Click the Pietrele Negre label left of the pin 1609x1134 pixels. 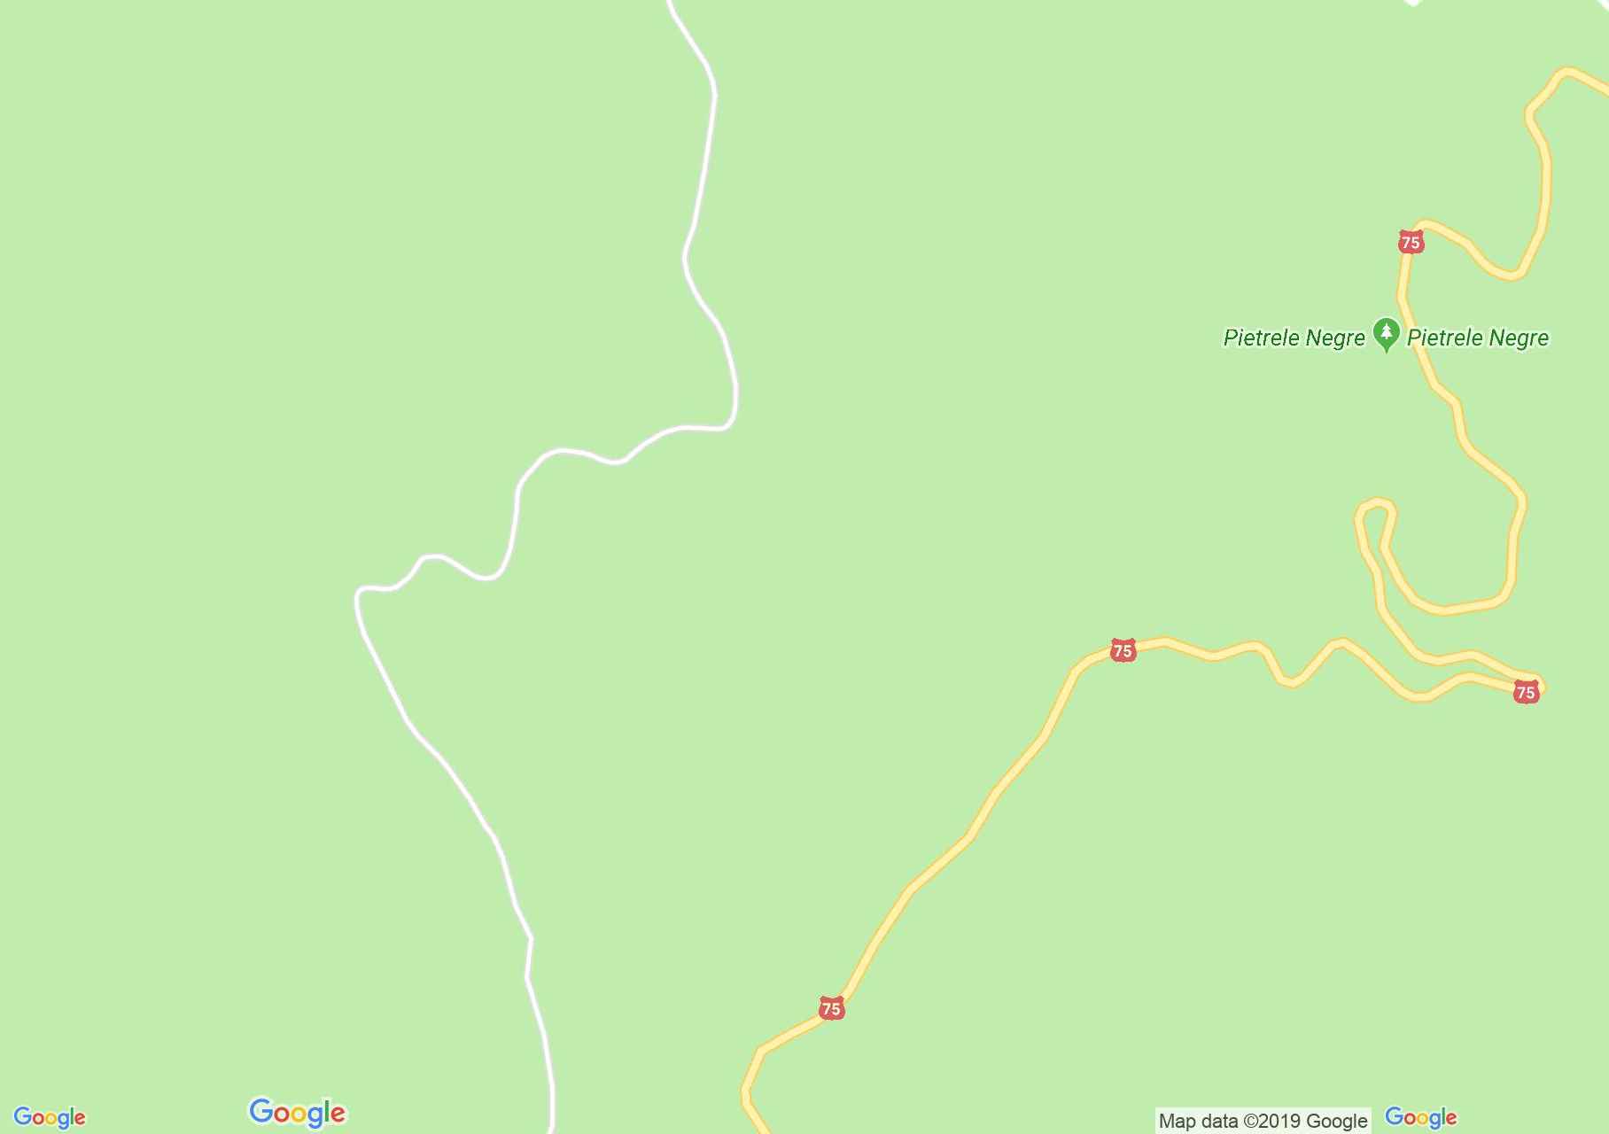1294,338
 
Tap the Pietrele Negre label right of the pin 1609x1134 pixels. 1478,338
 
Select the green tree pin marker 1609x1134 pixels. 1386,334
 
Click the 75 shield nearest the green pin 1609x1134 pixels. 1411,242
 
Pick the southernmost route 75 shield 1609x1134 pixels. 831,1008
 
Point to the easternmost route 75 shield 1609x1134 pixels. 1526,692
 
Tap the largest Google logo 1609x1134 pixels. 298,1113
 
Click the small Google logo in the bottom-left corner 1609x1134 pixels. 50,1118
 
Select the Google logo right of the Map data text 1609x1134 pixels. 1421,1118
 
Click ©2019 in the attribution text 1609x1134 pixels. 1273,1122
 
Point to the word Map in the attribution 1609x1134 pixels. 1176,1122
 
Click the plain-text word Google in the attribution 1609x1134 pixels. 1338,1122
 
